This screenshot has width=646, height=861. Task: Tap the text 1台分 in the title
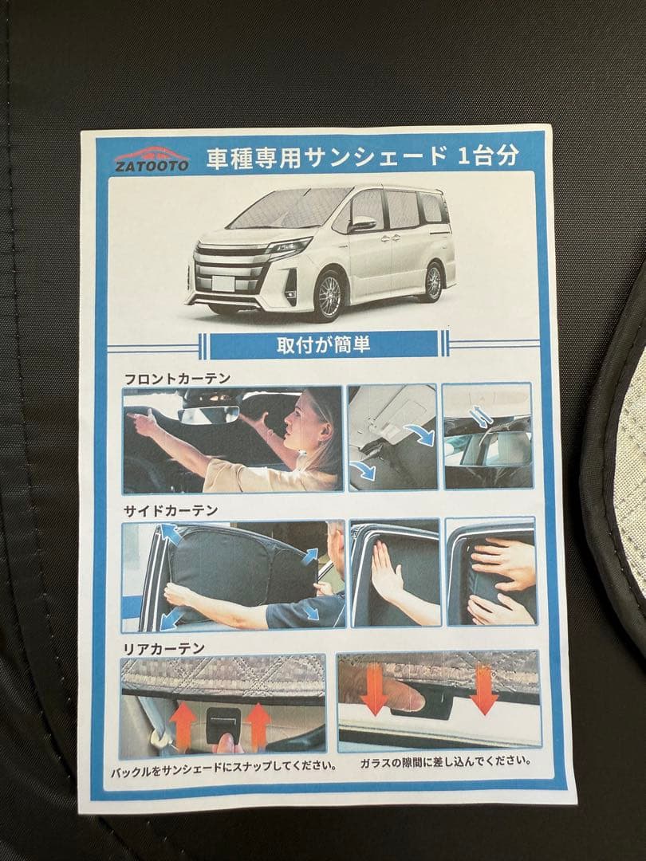point(488,155)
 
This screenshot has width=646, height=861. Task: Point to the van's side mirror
point(361,225)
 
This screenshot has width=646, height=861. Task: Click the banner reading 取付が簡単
point(323,345)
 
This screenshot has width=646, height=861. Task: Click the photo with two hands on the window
point(490,572)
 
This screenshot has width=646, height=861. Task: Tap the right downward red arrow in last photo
point(483,690)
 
